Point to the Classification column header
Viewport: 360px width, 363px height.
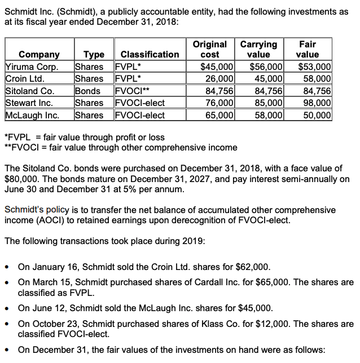(x=150, y=55)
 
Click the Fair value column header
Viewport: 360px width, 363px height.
(x=308, y=49)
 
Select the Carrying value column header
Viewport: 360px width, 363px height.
(x=258, y=49)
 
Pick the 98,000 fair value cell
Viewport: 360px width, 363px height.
(x=316, y=103)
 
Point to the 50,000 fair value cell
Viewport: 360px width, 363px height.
(x=316, y=115)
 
